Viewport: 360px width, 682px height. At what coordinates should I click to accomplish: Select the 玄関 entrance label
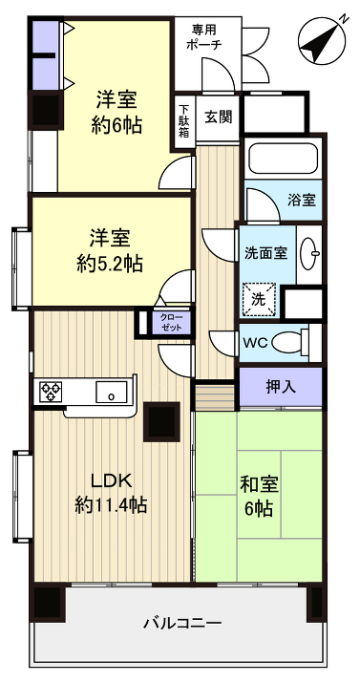(x=219, y=117)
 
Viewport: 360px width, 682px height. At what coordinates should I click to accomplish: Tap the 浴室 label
(x=303, y=201)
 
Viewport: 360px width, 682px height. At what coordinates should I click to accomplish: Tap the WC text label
(x=255, y=342)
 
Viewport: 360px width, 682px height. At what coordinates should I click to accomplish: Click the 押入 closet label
(x=280, y=387)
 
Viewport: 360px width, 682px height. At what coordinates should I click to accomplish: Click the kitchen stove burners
(x=51, y=392)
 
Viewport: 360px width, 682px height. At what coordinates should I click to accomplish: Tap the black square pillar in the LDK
(x=161, y=421)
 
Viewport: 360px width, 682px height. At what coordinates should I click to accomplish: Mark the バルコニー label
(x=182, y=623)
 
